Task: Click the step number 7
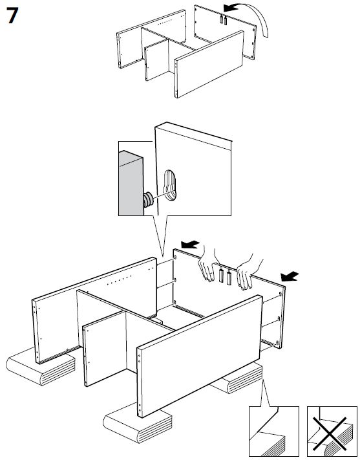point(12,16)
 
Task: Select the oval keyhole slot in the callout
point(169,186)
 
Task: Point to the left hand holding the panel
point(207,264)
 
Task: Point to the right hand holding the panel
point(248,271)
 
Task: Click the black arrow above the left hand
point(190,244)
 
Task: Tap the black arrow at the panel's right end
point(290,276)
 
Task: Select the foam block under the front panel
point(137,422)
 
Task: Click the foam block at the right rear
point(238,378)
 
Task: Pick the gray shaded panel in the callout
point(131,183)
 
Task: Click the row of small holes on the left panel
point(119,280)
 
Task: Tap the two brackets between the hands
point(225,276)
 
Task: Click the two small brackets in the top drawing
point(223,19)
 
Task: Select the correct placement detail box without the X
point(274,432)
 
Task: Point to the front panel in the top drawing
point(209,64)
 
